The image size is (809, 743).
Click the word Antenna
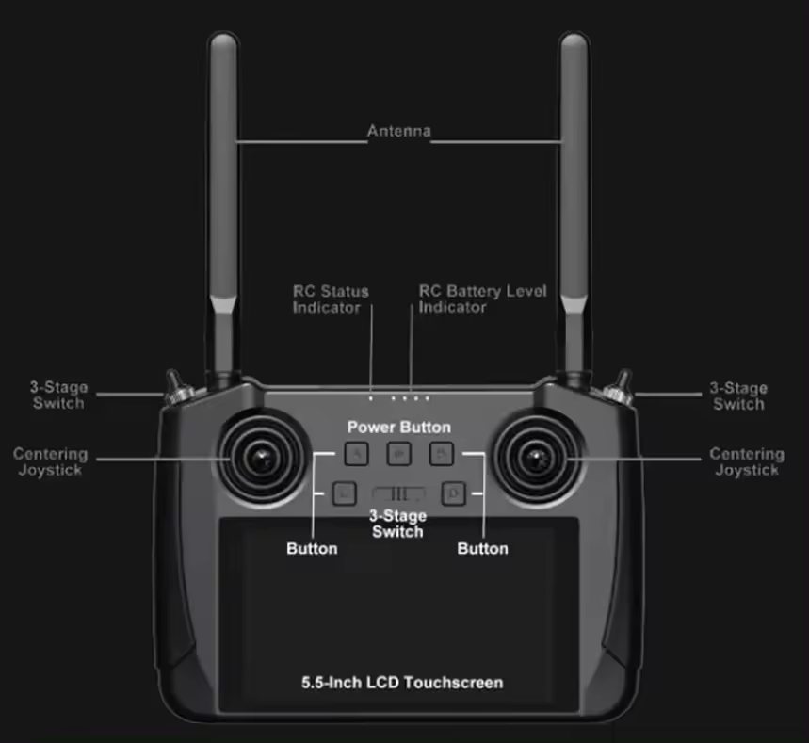[x=398, y=131]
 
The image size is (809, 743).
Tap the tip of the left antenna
[x=223, y=41]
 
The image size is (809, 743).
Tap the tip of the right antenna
[x=574, y=41]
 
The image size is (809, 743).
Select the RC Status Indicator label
[x=330, y=299]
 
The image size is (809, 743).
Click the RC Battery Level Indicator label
[x=482, y=299]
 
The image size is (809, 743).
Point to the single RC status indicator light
[x=371, y=398]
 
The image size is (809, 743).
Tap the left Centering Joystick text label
[x=50, y=461]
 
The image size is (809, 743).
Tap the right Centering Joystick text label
[x=747, y=461]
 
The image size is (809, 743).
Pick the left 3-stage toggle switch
[x=176, y=387]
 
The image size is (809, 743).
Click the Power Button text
[x=398, y=428]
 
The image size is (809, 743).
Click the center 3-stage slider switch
[x=398, y=493]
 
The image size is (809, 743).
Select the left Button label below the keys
[x=312, y=548]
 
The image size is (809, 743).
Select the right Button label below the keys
[x=482, y=548]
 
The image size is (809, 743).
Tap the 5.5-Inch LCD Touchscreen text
[x=401, y=682]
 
